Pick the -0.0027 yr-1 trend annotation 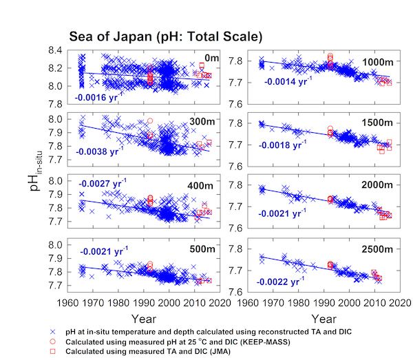point(103,184)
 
